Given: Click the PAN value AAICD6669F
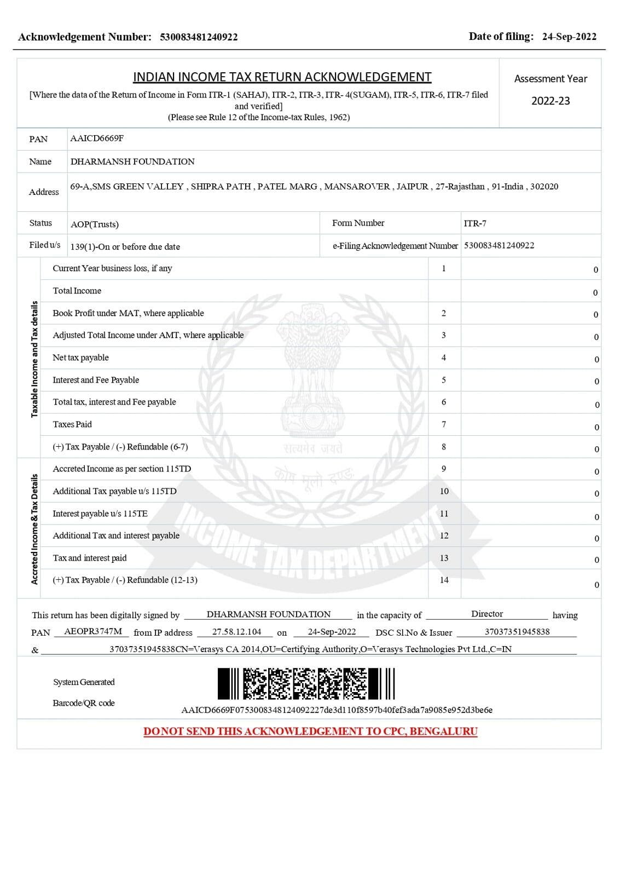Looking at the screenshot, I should (x=97, y=139).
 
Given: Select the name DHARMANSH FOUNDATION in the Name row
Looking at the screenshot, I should (x=132, y=162).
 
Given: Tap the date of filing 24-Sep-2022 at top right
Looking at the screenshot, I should (x=569, y=37).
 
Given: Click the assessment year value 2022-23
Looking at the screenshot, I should (x=551, y=101).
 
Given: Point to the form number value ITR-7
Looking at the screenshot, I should (x=475, y=223).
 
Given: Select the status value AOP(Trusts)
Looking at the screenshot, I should (x=95, y=224).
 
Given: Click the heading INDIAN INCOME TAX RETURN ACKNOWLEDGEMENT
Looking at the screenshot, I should (x=282, y=77).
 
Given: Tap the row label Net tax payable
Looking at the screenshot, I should (x=80, y=358).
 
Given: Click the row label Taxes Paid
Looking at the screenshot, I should (x=72, y=424).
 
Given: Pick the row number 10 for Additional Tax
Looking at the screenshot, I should (x=444, y=491).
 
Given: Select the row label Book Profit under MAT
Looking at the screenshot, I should (x=128, y=313).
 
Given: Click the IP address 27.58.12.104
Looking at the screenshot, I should (x=236, y=632).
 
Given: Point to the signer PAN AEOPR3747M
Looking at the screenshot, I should (x=93, y=631).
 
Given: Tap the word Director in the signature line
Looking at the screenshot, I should (x=487, y=614).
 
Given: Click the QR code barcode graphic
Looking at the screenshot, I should (x=305, y=683).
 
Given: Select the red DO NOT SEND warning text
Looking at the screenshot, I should (x=310, y=731).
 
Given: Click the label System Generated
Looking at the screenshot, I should (x=84, y=682).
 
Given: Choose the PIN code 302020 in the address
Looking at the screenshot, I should (x=544, y=187).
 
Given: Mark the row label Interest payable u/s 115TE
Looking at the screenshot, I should (x=100, y=514).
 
